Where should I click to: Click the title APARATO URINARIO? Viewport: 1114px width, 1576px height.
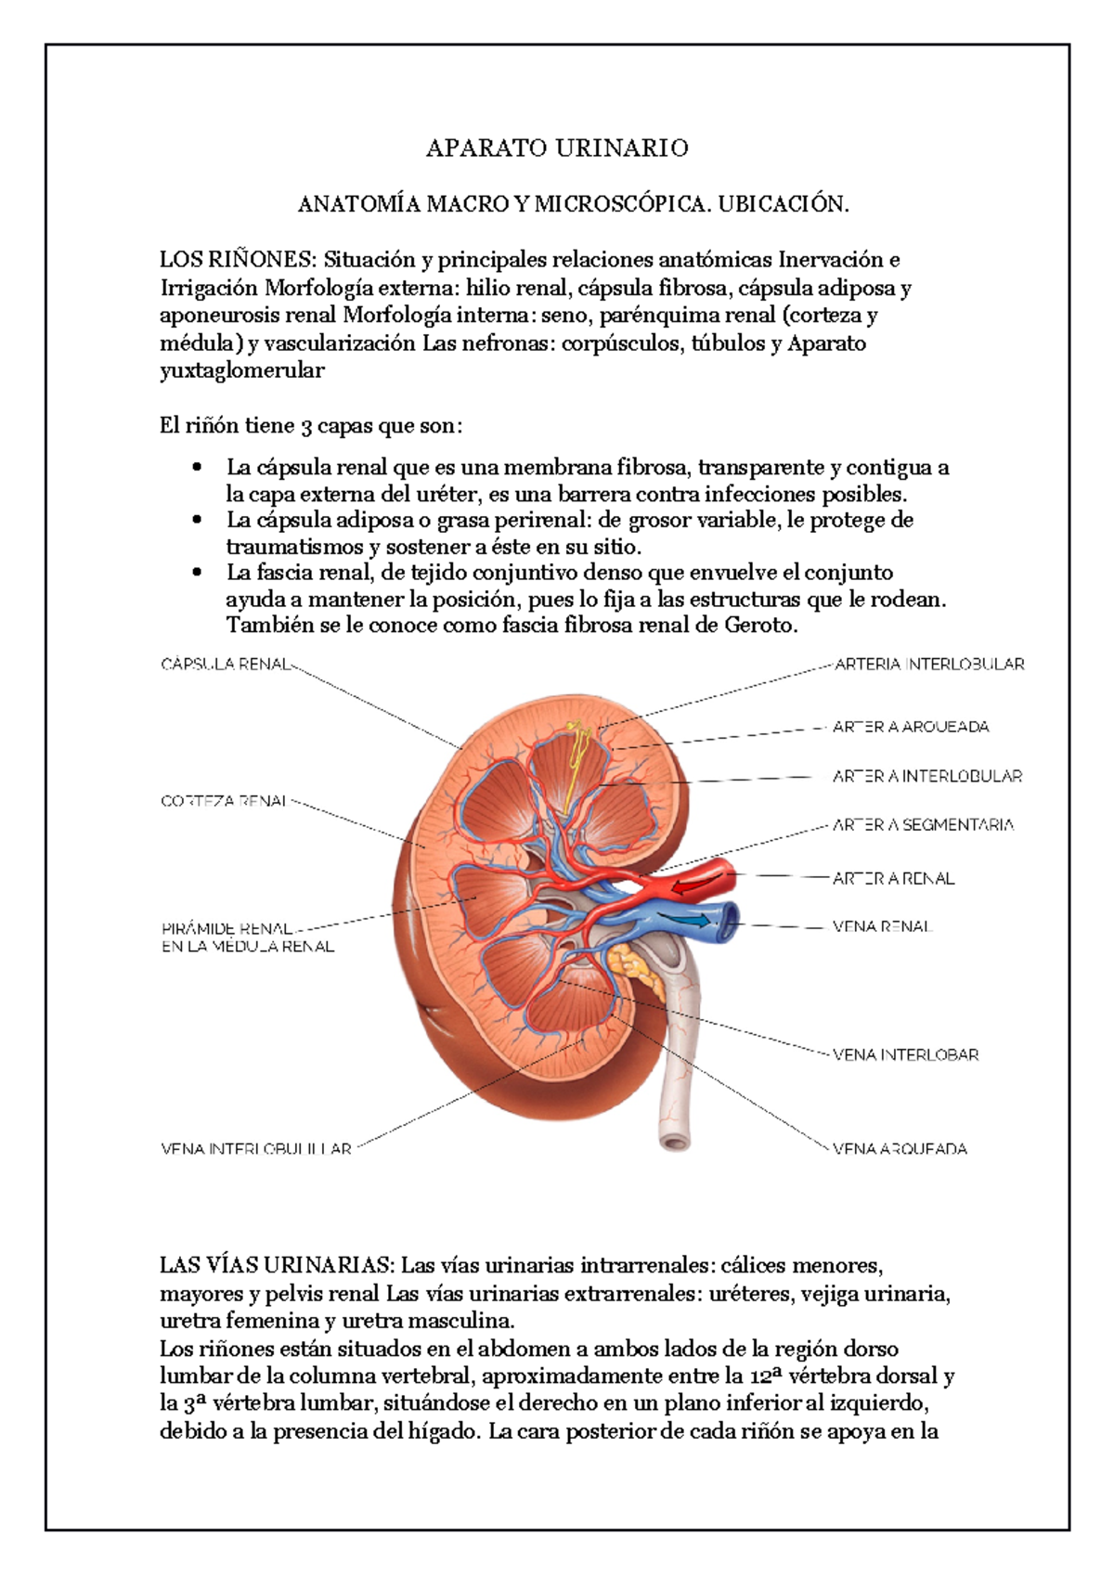[557, 149]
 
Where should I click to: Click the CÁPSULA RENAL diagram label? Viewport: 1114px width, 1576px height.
[227, 665]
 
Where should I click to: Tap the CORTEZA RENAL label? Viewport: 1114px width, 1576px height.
[224, 801]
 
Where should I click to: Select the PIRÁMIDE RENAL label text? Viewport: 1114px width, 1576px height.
[227, 928]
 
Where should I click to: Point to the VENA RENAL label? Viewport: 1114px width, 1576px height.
[882, 926]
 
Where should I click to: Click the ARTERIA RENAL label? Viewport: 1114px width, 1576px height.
[893, 878]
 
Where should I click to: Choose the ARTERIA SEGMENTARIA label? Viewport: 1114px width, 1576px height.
[923, 824]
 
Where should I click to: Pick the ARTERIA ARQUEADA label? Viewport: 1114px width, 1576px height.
[911, 727]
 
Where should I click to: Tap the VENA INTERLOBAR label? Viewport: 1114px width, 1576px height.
[905, 1054]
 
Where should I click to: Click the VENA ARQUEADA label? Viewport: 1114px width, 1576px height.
[900, 1148]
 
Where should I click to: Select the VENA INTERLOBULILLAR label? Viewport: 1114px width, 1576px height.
[256, 1148]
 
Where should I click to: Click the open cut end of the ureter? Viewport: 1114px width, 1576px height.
[676, 1141]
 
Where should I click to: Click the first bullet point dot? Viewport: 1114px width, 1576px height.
[196, 467]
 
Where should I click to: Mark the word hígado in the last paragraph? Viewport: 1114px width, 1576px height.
[445, 1431]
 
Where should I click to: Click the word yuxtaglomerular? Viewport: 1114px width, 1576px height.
[242, 371]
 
